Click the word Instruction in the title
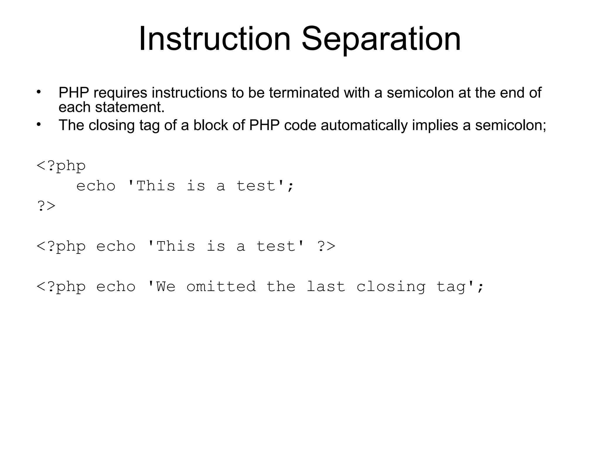(214, 39)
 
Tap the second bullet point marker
(39, 125)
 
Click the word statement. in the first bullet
(130, 107)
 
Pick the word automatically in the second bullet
(364, 125)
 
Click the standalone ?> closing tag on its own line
(46, 206)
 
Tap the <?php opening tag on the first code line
(61, 166)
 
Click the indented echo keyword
(96, 186)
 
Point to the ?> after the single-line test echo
(326, 246)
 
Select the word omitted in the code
(221, 287)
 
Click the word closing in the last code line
(391, 287)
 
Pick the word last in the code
(326, 287)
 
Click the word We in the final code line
(166, 287)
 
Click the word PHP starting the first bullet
(74, 93)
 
